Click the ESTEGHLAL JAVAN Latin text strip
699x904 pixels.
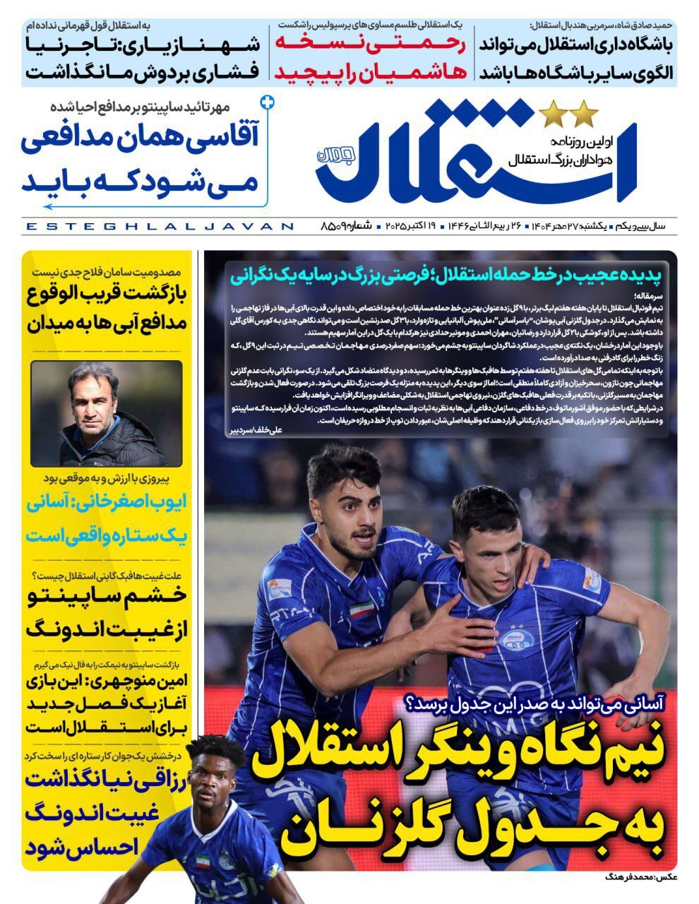pyautogui.click(x=158, y=227)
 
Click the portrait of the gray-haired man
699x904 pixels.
pyautogui.click(x=106, y=413)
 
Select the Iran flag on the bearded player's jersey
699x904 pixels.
pyautogui.click(x=362, y=609)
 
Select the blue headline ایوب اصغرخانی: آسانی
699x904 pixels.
pyautogui.click(x=106, y=504)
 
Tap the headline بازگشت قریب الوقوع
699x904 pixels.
pyautogui.click(x=106, y=295)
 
